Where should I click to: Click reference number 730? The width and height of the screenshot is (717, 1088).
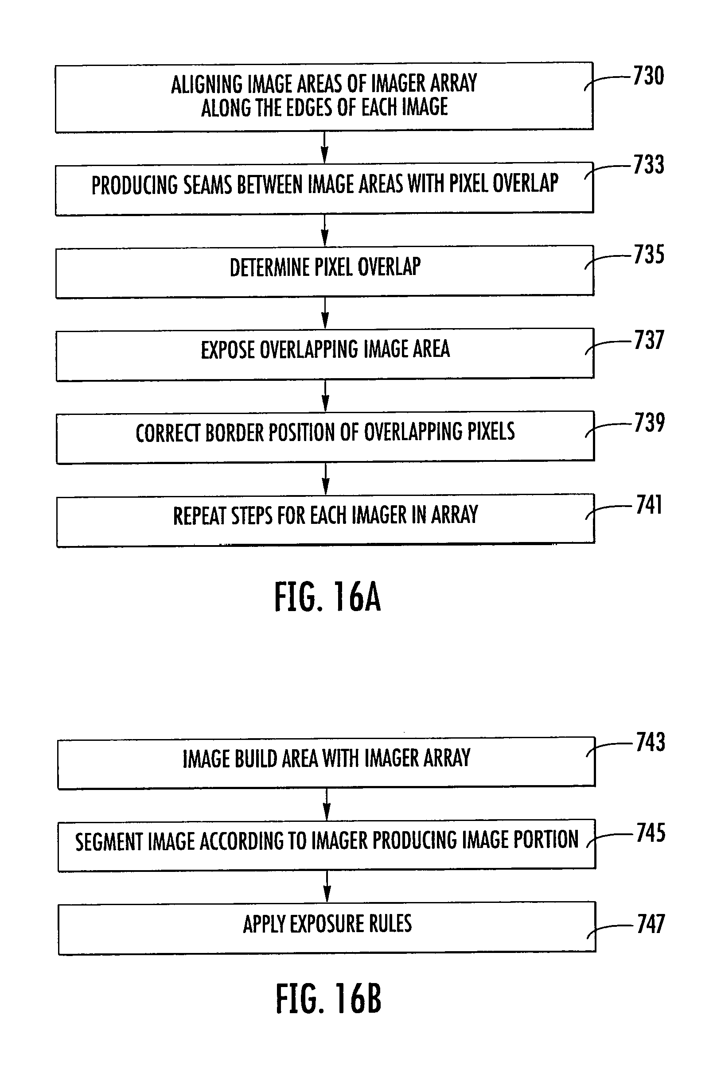pyautogui.click(x=648, y=76)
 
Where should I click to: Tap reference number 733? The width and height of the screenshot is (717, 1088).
pyautogui.click(x=648, y=165)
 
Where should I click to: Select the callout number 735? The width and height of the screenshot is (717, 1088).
pyautogui.click(x=649, y=255)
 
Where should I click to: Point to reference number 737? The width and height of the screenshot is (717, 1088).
pyautogui.click(x=649, y=340)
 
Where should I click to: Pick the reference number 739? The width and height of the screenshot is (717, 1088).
pyautogui.click(x=649, y=422)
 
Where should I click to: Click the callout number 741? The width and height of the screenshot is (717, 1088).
pyautogui.click(x=649, y=505)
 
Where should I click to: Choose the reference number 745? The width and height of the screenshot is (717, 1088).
pyautogui.click(x=651, y=832)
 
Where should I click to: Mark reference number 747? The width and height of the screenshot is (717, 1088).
pyautogui.click(x=651, y=923)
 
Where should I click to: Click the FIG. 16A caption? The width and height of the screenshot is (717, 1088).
pyautogui.click(x=327, y=597)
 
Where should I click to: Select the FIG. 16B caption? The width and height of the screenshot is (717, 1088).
pyautogui.click(x=328, y=999)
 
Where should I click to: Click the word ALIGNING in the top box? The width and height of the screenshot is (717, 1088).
pyautogui.click(x=207, y=85)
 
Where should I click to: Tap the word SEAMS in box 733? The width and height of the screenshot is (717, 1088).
pyautogui.click(x=209, y=185)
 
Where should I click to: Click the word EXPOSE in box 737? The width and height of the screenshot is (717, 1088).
pyautogui.click(x=227, y=350)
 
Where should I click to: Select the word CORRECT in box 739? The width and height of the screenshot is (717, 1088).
pyautogui.click(x=168, y=433)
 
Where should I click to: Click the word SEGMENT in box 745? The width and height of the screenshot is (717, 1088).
pyautogui.click(x=109, y=842)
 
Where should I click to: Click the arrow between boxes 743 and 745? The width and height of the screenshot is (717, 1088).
pyautogui.click(x=327, y=804)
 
